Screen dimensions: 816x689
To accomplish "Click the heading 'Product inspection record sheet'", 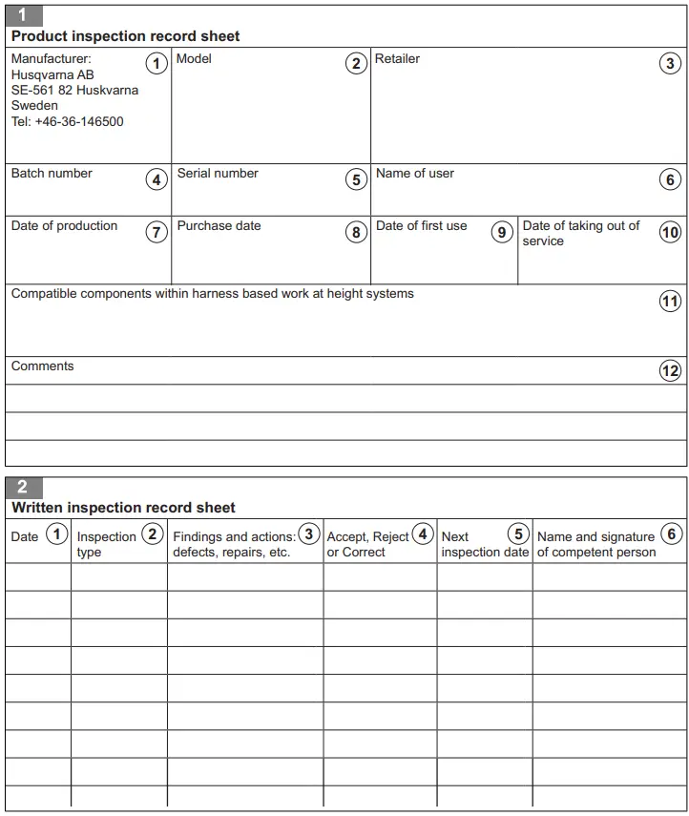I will (x=125, y=36).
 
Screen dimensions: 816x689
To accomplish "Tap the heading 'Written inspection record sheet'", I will (x=123, y=508).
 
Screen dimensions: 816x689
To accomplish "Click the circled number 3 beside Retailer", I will (x=671, y=64).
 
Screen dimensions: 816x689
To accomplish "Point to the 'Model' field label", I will (x=194, y=59).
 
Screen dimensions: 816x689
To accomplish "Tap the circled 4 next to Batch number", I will (x=157, y=179).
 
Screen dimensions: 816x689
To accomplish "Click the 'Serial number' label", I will (x=218, y=174).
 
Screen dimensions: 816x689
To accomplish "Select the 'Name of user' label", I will (x=414, y=174).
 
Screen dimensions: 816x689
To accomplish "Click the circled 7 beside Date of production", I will (x=157, y=232).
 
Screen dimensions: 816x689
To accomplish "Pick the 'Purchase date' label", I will (x=219, y=226).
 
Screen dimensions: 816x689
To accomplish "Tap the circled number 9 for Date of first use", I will (x=502, y=232).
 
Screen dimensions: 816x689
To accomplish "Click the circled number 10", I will (x=671, y=232).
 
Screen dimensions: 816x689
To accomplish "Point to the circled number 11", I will (x=671, y=301).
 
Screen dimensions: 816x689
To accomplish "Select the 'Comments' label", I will (x=42, y=366).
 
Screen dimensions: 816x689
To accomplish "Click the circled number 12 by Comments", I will (x=671, y=371).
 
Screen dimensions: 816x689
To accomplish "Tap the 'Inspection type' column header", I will (x=106, y=544).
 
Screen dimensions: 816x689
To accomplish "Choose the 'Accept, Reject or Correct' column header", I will (x=368, y=544).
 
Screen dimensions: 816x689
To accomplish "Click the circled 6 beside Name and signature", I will (x=672, y=534).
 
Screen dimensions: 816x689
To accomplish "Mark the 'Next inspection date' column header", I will (x=484, y=544).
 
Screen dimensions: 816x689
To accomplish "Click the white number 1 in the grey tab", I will (x=22, y=14).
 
